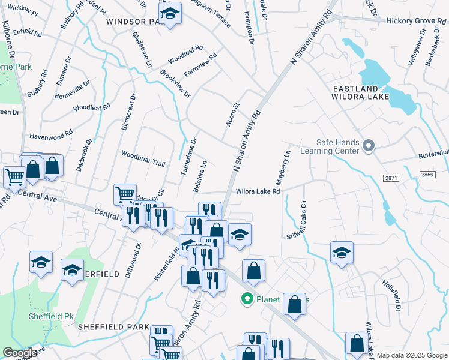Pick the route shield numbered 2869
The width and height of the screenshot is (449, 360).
(427, 173)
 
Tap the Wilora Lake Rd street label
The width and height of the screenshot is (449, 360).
(258, 192)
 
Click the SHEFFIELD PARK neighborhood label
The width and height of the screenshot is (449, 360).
(113, 327)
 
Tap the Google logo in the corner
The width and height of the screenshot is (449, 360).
(20, 353)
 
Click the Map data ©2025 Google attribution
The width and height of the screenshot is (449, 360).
(412, 355)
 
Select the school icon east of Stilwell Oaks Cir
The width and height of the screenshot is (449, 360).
(341, 253)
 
